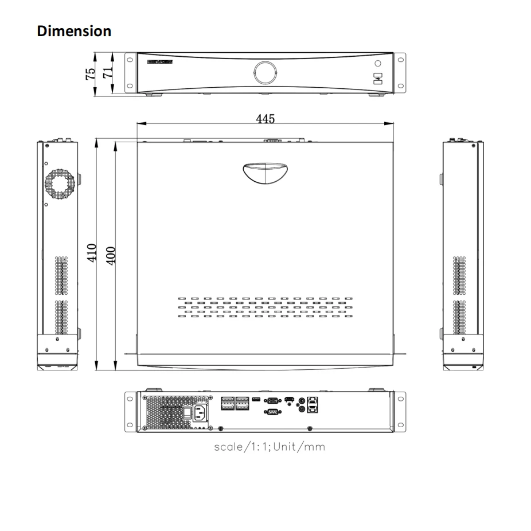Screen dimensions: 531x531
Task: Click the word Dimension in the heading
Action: coord(74,31)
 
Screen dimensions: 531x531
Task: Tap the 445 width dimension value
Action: coord(265,119)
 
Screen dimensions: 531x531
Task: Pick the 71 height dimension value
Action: coord(106,72)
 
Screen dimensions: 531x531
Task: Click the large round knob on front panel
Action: coord(265,72)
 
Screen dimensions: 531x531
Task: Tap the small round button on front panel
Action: coord(377,64)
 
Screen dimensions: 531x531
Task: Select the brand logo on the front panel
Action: coord(160,61)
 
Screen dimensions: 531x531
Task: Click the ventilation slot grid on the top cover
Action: coord(265,307)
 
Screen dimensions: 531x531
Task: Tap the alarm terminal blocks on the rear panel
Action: coord(235,403)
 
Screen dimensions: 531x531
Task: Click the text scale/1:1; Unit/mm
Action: coord(269,446)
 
